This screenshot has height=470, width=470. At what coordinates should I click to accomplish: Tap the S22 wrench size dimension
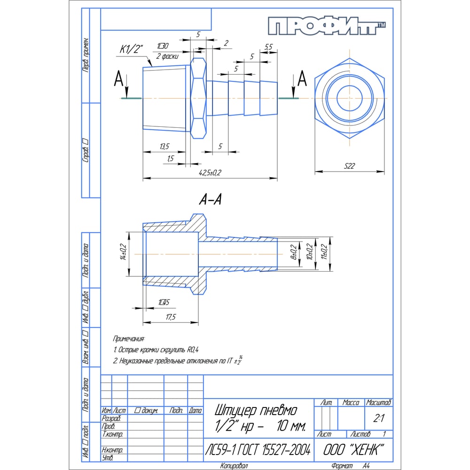pos(349,166)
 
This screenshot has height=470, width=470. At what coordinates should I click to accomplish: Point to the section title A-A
pos(210,200)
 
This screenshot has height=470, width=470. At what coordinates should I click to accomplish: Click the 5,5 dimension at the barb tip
pos(269,47)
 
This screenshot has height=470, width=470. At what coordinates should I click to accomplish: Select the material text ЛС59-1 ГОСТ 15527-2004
pos(258,450)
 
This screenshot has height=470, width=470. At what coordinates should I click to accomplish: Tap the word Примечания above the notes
pos(129,338)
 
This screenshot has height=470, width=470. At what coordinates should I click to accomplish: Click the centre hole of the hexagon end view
pos(350,98)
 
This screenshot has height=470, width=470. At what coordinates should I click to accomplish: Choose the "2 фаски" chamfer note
pos(167,56)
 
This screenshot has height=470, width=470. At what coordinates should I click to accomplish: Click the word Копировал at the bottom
pos(234,466)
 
